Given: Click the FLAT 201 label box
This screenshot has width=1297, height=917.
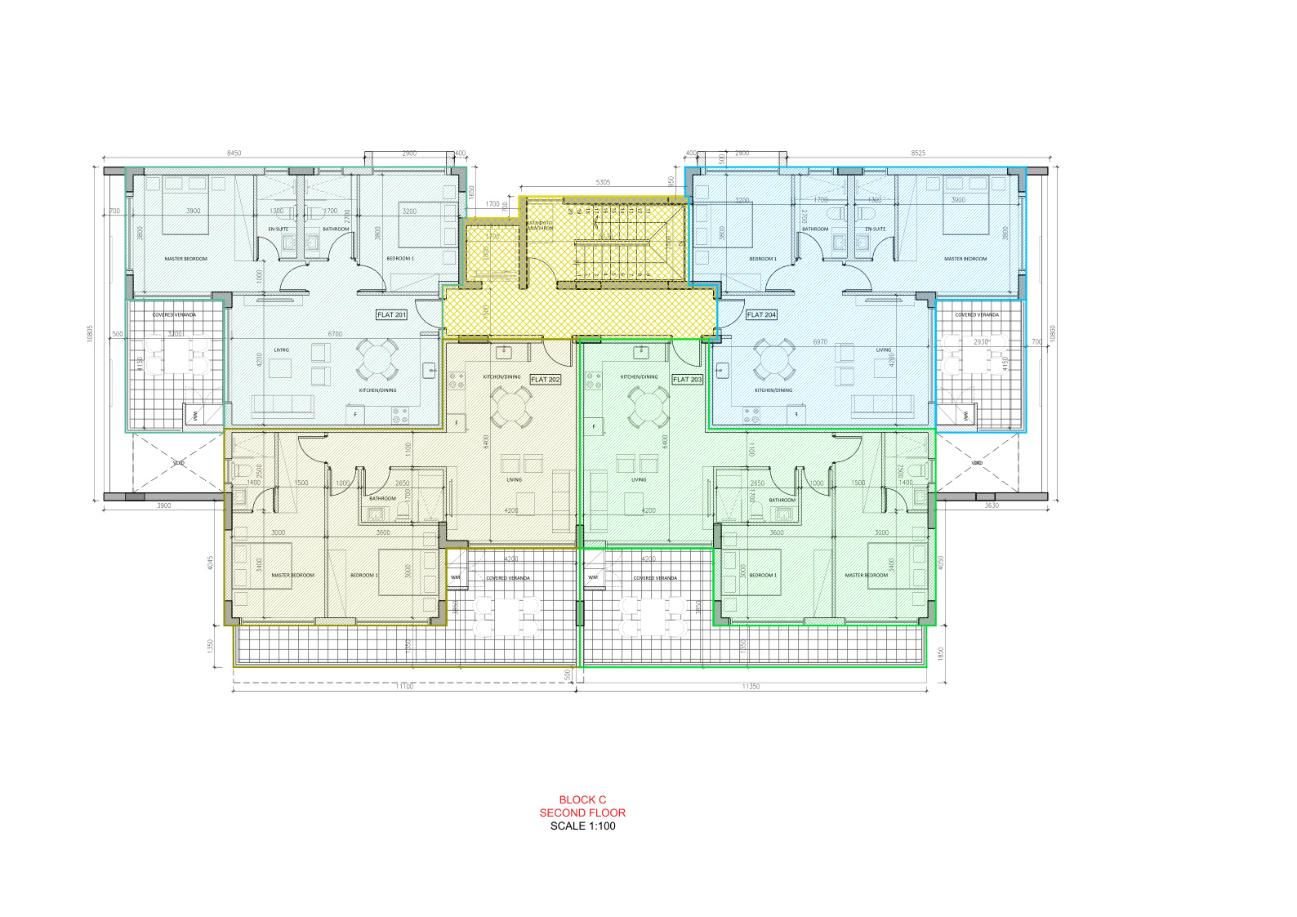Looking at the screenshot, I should click(391, 314).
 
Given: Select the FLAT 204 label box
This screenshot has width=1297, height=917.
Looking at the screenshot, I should click(761, 314).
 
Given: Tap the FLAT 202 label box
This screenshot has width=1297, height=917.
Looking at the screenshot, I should click(546, 379).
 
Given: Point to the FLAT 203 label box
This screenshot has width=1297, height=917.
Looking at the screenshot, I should click(687, 379).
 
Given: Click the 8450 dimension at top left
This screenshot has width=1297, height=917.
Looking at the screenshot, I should click(234, 154).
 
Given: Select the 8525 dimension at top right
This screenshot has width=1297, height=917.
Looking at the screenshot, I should click(918, 154).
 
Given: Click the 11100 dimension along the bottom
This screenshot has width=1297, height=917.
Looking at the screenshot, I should click(404, 687).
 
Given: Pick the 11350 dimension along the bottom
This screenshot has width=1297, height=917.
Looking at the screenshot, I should click(751, 687).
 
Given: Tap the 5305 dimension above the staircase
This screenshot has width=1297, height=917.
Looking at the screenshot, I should click(603, 182).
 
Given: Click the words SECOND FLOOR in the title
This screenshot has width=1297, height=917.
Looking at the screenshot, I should click(582, 812).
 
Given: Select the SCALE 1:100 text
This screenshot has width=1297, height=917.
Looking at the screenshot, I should click(582, 826).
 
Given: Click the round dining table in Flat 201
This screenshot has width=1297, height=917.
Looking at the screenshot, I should click(377, 360).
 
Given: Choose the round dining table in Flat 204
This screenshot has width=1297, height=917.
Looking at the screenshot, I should click(773, 360).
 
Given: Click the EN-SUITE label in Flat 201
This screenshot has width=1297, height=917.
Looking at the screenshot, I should click(279, 229).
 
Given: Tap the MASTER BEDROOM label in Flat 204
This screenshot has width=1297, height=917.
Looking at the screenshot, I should click(965, 259).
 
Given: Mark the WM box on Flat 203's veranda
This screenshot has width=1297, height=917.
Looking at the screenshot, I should click(592, 577).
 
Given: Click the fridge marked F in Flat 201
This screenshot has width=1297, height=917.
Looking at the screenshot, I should click(354, 415).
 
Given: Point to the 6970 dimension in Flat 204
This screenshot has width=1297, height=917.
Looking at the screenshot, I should click(820, 342).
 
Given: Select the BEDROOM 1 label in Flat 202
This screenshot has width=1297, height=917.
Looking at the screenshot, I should click(363, 575).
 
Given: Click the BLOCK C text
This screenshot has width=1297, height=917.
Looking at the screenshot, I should click(582, 800).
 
